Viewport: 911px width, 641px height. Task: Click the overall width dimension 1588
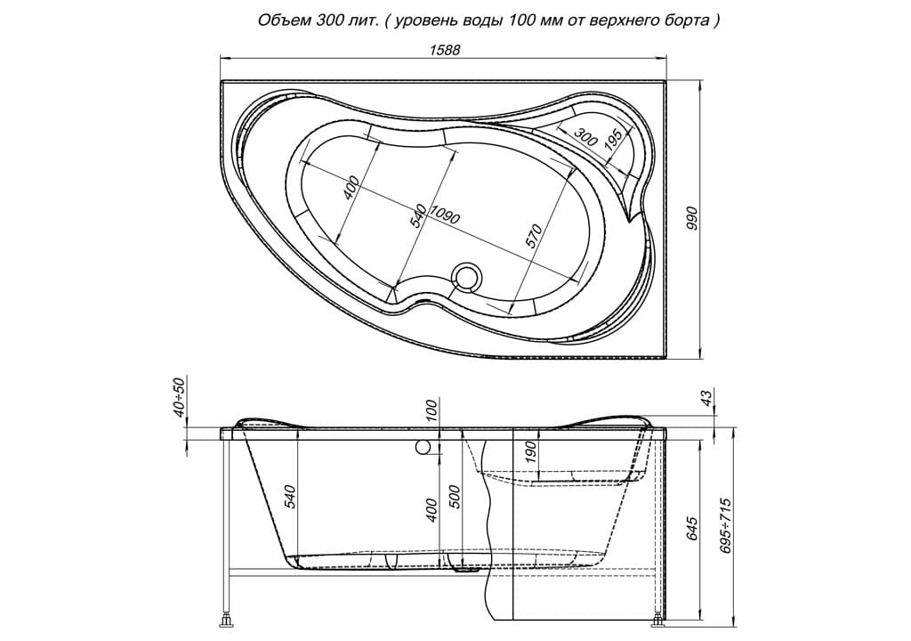click(445, 50)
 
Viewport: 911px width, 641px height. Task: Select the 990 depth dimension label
click(691, 218)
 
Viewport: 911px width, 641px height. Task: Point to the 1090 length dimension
click(445, 215)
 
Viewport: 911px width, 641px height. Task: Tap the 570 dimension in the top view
click(535, 237)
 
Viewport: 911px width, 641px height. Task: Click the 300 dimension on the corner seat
click(585, 135)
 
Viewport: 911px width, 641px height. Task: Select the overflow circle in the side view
click(423, 448)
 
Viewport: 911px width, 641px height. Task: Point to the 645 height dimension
click(691, 528)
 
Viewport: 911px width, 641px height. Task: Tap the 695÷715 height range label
click(724, 525)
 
